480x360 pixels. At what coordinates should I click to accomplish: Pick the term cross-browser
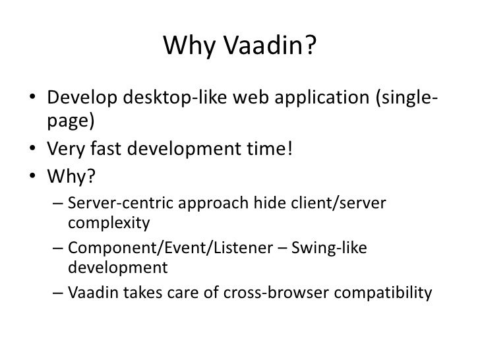(295, 292)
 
